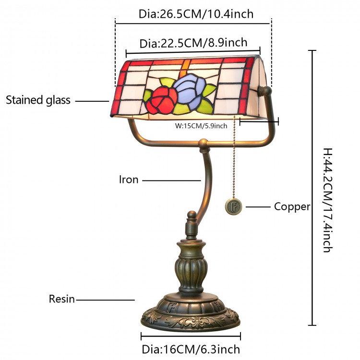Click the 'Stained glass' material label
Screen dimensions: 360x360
pyautogui.click(x=38, y=100)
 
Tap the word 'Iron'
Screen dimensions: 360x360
pyautogui.click(x=129, y=180)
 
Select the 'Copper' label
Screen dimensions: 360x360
pyautogui.click(x=292, y=207)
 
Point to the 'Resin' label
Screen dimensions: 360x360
pyautogui.click(x=62, y=299)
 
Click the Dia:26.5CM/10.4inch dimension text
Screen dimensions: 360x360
pyautogui.click(x=196, y=14)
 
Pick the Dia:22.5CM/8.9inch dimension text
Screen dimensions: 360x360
pyautogui.click(x=193, y=43)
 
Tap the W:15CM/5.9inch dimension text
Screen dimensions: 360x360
pyautogui.click(x=201, y=126)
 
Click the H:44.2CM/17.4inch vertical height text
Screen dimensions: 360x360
pyautogui.click(x=328, y=200)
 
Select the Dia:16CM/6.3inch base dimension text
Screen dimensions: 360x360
pyautogui.click(x=191, y=349)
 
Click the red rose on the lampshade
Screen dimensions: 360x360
pyautogui.click(x=161, y=101)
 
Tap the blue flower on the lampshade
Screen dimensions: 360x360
pyautogui.click(x=188, y=89)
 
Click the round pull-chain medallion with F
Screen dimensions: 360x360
pyautogui.click(x=233, y=206)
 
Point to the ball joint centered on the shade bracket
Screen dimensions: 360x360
pyautogui.click(x=204, y=143)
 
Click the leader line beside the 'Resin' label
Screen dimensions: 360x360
pyautogui.click(x=105, y=300)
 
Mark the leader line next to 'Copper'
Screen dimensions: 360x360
pyautogui.click(x=258, y=207)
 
